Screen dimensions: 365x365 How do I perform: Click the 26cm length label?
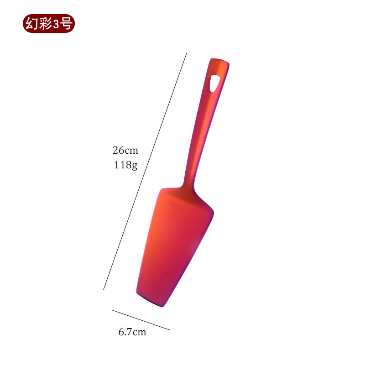[125, 151]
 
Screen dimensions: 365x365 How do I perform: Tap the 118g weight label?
[125, 165]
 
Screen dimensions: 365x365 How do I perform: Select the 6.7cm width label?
[132, 332]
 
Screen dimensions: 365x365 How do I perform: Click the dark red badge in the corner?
[49, 24]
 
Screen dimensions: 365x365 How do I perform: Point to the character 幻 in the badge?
[31, 24]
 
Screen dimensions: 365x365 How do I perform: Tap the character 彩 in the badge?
[45, 24]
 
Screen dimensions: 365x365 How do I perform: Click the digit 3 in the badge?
[56, 24]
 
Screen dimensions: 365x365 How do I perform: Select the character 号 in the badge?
[66, 24]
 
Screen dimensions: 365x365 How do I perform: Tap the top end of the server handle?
[219, 60]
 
